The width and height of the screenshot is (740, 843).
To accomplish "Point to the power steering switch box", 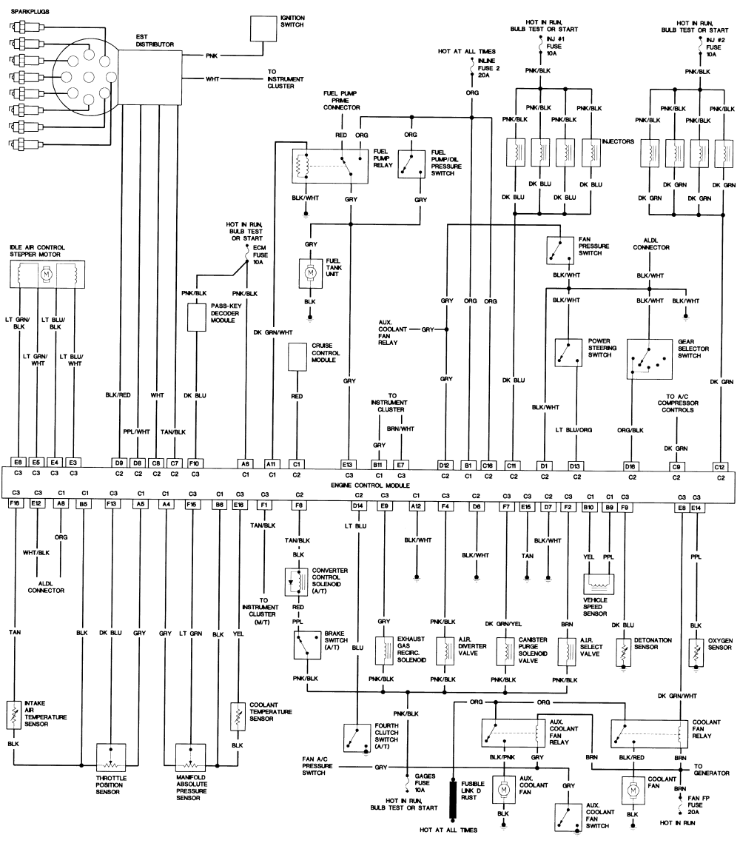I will point(568,352).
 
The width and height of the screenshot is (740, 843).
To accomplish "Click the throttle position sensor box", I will point(111,757).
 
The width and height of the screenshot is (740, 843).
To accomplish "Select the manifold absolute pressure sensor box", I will point(191,757).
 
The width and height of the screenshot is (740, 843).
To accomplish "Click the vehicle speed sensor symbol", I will point(599,583).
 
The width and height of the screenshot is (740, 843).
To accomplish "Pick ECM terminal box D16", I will point(630,466).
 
